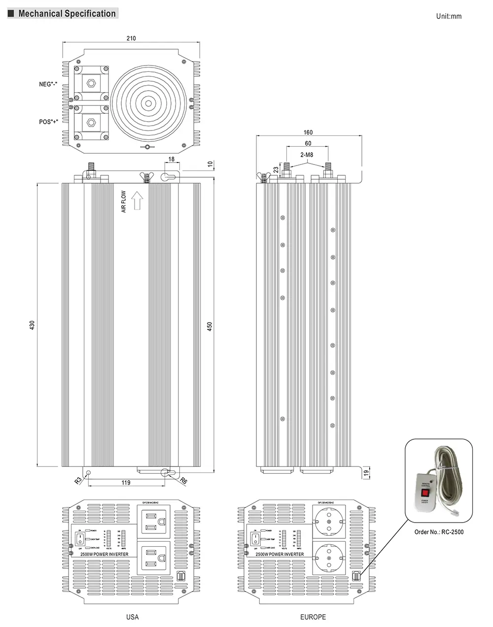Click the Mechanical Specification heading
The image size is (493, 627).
[x=67, y=13]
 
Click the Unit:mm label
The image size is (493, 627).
[x=449, y=16]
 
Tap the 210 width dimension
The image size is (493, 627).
[x=131, y=38]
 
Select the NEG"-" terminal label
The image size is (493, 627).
[x=49, y=84]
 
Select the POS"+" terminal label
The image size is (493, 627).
[x=49, y=122]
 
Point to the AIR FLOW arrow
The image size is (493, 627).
[x=137, y=201]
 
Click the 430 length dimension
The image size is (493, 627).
[x=33, y=325]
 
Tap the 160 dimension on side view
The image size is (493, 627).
[x=308, y=132]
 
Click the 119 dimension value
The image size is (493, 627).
[x=126, y=483]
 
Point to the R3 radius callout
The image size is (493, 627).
[x=78, y=480]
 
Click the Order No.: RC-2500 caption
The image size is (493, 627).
[x=439, y=531]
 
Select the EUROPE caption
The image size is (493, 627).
[x=313, y=617]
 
